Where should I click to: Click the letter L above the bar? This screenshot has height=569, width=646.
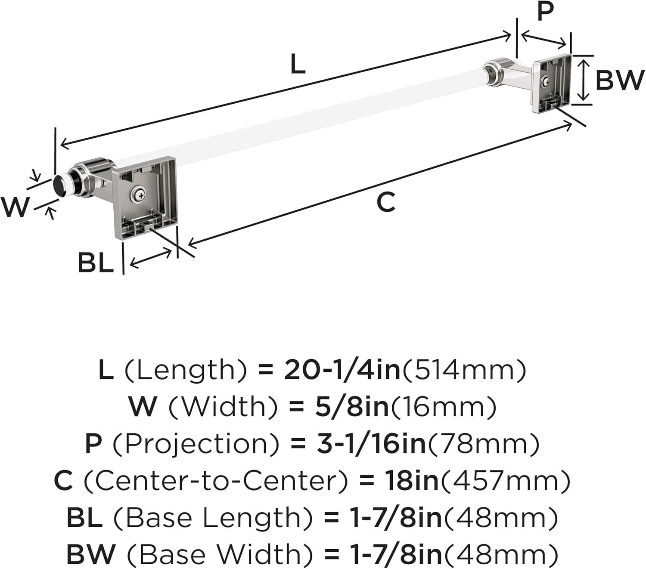click(298, 64)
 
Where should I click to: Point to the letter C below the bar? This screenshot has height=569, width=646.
click(386, 202)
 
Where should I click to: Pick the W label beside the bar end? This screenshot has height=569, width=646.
click(15, 207)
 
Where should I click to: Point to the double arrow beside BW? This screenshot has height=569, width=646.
click(583, 80)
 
